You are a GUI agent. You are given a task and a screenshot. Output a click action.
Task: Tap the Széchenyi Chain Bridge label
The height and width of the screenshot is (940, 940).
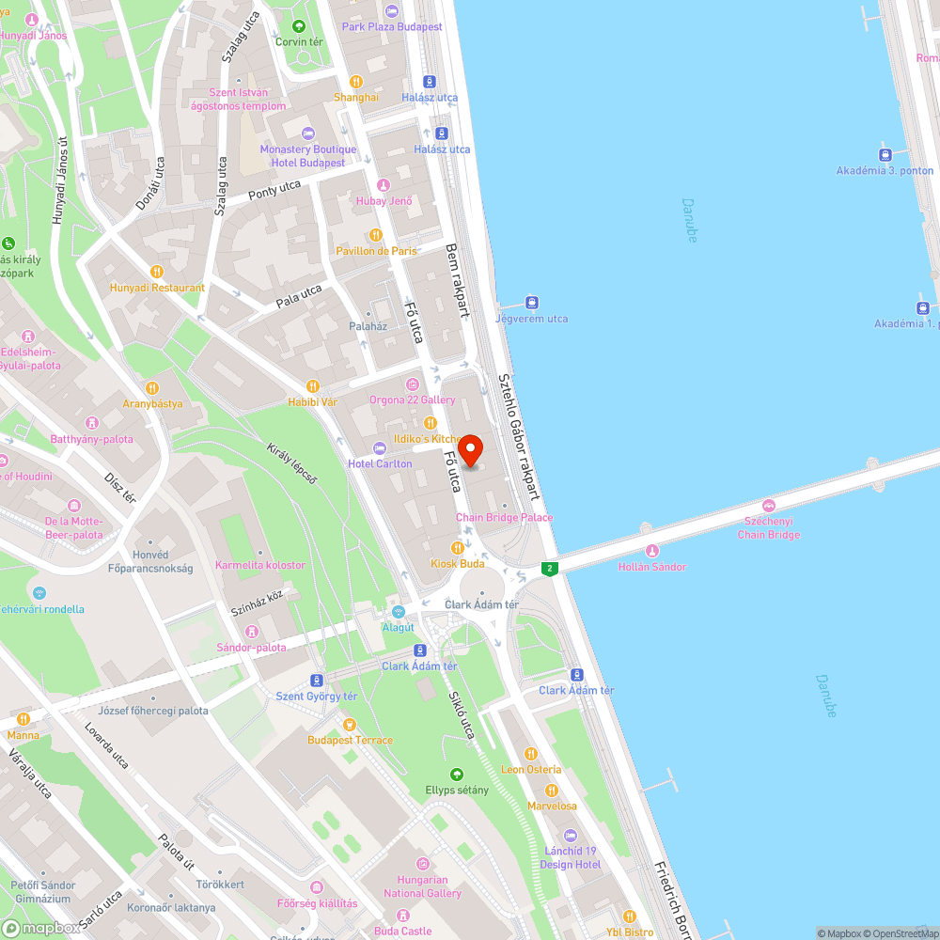768,527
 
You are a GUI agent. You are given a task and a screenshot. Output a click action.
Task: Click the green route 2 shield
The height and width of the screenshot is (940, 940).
550,568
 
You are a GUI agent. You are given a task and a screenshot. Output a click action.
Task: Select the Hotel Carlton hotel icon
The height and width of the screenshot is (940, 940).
380,448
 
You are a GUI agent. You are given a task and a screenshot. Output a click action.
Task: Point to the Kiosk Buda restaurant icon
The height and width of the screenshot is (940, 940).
457,547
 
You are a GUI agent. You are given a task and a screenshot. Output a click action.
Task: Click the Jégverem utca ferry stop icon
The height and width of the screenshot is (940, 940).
531,303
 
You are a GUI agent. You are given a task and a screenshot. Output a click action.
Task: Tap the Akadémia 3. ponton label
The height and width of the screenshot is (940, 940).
885,170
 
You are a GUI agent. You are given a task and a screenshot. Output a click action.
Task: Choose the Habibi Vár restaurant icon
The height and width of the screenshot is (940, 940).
313,385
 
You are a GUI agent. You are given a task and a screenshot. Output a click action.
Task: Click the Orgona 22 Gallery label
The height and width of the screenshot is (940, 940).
412,399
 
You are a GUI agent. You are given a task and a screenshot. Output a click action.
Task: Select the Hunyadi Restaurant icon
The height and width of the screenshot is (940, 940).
157,272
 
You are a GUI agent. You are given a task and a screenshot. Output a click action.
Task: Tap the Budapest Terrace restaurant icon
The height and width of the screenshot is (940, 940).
350,724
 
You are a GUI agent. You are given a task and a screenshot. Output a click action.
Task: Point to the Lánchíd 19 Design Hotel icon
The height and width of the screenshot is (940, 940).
570,835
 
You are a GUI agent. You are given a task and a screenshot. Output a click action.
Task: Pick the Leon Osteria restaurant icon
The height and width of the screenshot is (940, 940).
530,753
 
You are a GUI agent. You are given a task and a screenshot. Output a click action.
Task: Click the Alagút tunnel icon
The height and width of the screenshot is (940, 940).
398,612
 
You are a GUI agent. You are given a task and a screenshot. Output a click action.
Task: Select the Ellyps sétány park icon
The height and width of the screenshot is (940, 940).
457,774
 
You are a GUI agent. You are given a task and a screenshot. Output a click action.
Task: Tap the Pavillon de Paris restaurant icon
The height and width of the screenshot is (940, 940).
376,235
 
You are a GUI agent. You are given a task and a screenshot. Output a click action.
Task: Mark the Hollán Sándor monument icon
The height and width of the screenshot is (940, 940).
651,551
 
